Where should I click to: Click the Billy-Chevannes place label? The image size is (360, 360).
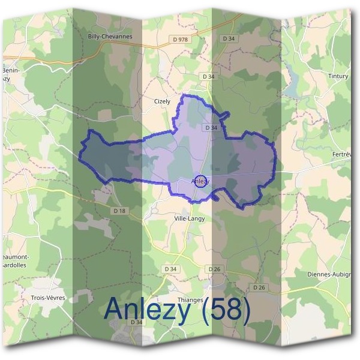pyautogui.click(x=110, y=36)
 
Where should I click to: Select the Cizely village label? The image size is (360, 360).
pyautogui.click(x=162, y=101)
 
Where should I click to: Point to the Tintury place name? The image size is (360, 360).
pyautogui.click(x=338, y=76)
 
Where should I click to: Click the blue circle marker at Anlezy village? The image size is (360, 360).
pyautogui.click(x=201, y=181)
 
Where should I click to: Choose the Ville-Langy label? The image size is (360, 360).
pyautogui.click(x=189, y=218)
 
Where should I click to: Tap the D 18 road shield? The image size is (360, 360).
pyautogui.click(x=119, y=211)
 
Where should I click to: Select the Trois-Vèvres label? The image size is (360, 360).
pyautogui.click(x=47, y=298)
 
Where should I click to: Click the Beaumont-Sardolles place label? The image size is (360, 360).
pyautogui.click(x=22, y=260)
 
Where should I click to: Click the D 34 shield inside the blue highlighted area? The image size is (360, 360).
pyautogui.click(x=211, y=128)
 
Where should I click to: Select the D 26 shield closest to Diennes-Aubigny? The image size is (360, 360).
pyautogui.click(x=259, y=287)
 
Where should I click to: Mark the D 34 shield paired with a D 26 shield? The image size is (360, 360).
pyautogui.click(x=171, y=269)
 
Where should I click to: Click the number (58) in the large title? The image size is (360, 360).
pyautogui.click(x=226, y=309)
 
